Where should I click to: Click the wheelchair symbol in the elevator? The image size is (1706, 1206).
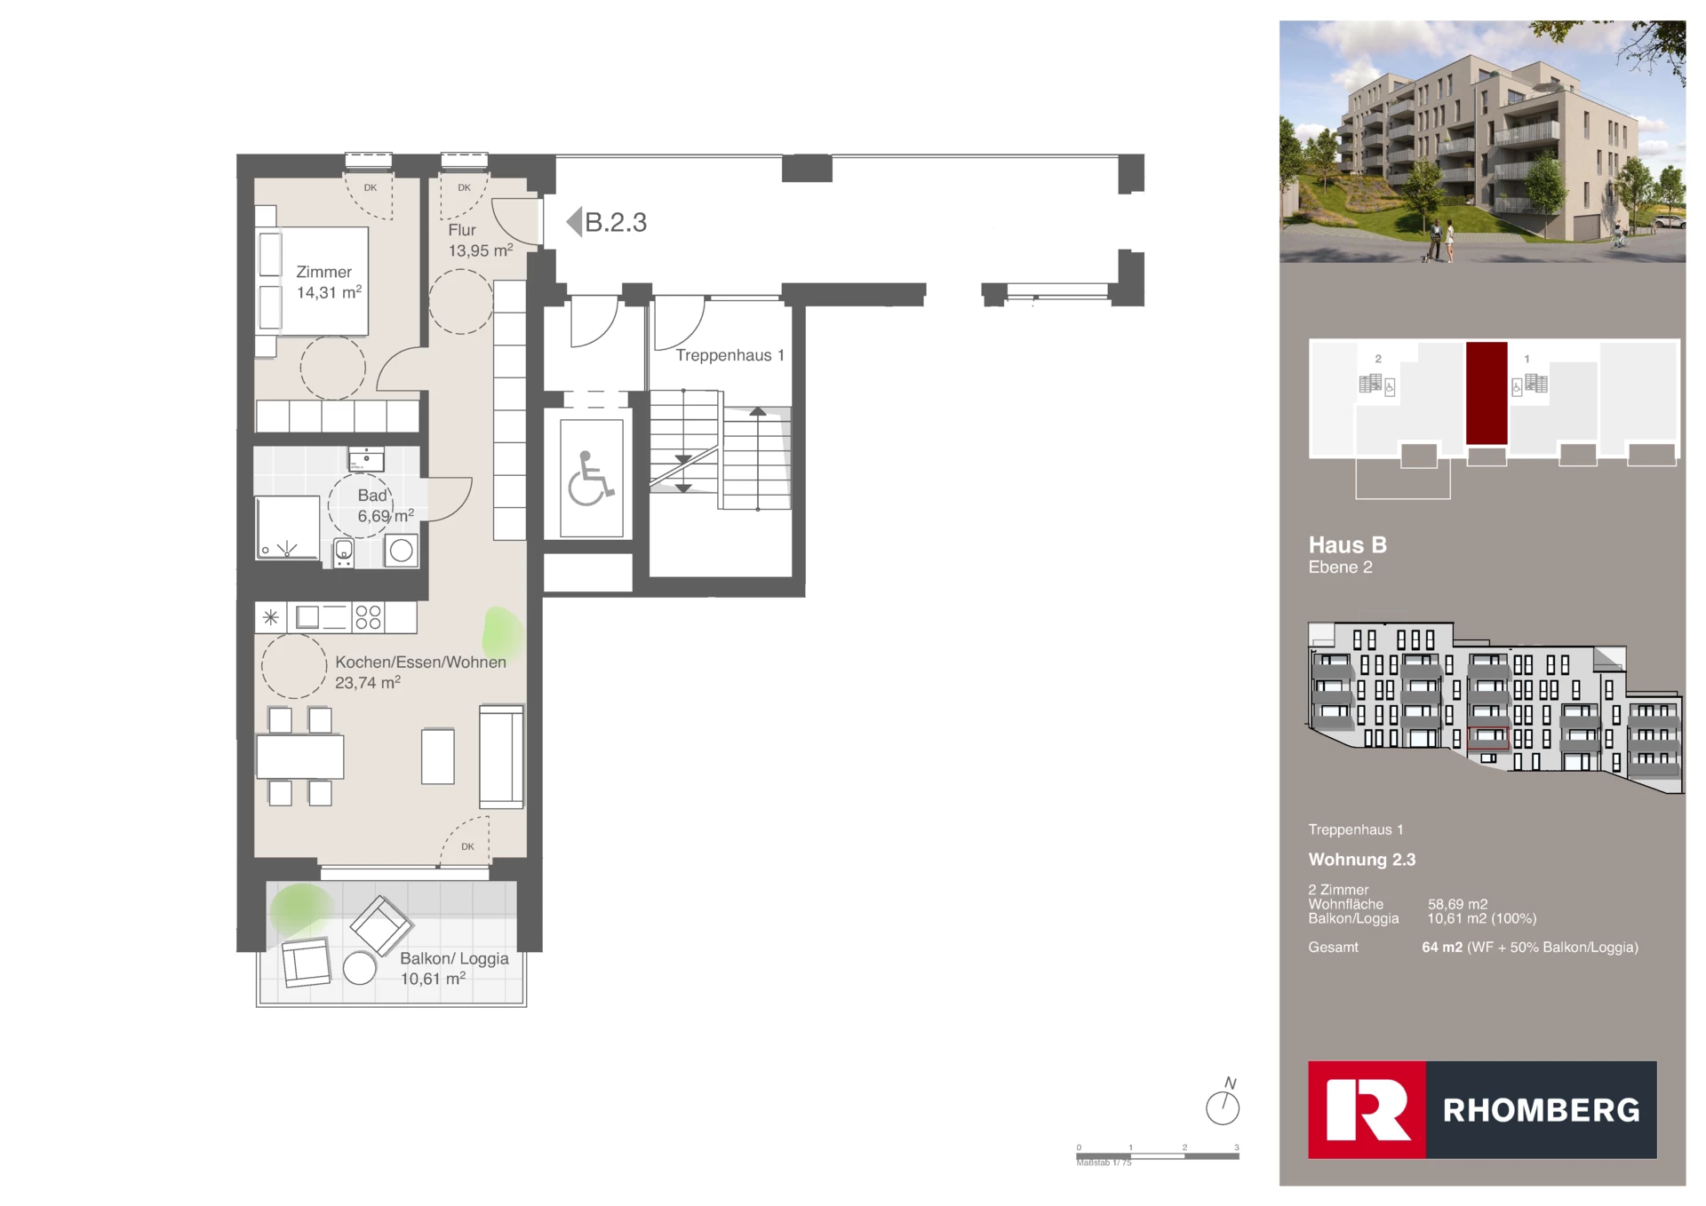tap(590, 479)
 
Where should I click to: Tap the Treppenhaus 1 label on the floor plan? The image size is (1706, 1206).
tap(729, 355)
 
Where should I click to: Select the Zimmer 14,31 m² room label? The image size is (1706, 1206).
tap(328, 282)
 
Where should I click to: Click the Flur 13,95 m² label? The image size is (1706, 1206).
tap(479, 241)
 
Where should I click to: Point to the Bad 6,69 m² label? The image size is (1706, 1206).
tap(384, 506)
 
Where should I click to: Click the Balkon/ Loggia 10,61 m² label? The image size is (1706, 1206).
tap(453, 968)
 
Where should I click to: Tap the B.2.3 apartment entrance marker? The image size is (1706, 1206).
tap(608, 222)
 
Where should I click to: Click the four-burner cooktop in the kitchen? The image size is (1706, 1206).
tap(368, 617)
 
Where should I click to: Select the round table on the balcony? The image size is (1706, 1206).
tap(359, 968)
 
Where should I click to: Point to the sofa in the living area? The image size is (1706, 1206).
tap(501, 756)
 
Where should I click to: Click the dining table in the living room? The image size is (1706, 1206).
tap(299, 757)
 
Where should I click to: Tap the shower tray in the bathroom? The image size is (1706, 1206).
tap(287, 528)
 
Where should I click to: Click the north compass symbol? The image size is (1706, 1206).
tap(1223, 1107)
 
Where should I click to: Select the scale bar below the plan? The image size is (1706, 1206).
tap(1157, 1155)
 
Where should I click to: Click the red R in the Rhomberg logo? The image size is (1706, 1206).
tap(1367, 1109)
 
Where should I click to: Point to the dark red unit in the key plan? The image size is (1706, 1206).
tap(1487, 393)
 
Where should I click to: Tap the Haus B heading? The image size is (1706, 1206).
tap(1347, 544)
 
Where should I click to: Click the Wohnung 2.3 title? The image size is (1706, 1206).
tap(1361, 860)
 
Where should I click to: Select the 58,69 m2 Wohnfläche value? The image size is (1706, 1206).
tap(1457, 904)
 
